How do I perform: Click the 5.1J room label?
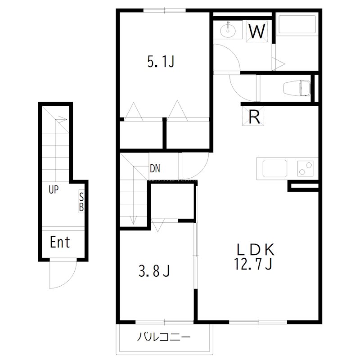point(160,62)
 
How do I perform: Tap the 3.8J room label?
point(153,271)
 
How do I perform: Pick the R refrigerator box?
point(254,117)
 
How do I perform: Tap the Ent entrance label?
point(60,243)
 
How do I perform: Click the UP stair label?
point(54,190)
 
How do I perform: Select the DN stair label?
point(155,169)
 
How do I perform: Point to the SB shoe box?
point(81,202)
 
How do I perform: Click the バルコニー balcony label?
point(164,337)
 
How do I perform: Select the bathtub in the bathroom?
point(297,27)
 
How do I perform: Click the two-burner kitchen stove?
point(307,169)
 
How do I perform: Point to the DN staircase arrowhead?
point(134,221)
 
